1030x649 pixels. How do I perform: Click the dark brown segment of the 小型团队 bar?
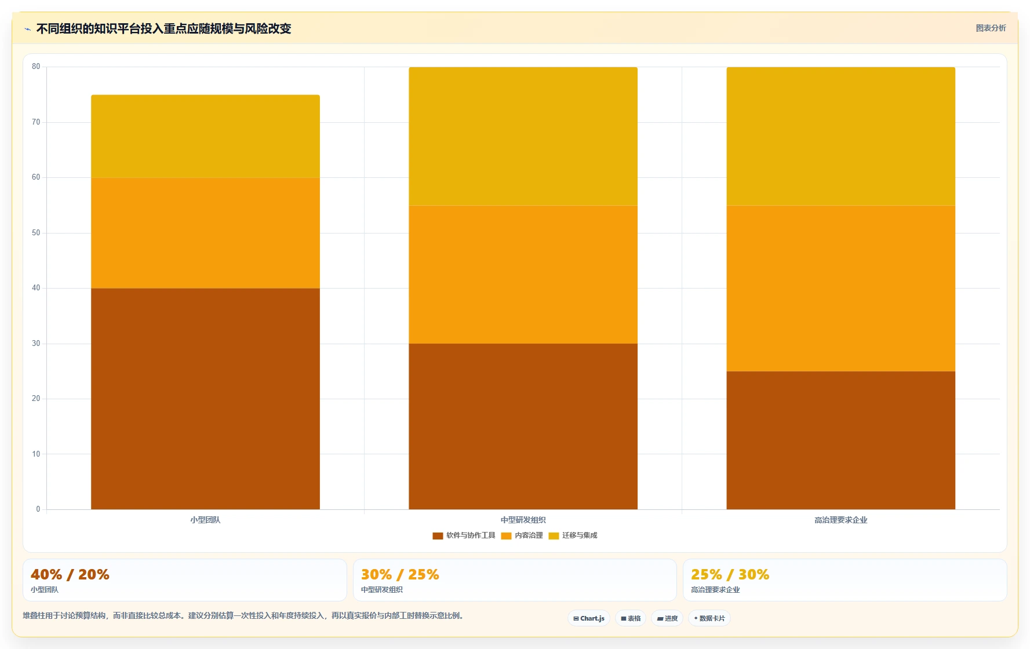(205, 399)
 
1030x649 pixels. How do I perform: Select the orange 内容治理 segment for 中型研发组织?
(523, 275)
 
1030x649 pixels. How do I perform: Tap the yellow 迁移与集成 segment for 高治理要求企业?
(840, 136)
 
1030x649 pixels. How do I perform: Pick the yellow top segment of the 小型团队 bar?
(205, 136)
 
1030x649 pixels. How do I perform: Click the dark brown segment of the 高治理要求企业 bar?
(840, 440)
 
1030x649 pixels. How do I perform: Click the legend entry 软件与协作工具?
(464, 535)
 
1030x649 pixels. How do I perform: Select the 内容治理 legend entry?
(522, 535)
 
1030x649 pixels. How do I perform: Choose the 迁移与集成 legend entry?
(573, 535)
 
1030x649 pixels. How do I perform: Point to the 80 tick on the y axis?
(36, 67)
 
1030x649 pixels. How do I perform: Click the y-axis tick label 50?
(36, 233)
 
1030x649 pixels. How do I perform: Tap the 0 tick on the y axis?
(38, 509)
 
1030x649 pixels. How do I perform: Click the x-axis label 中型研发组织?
(523, 520)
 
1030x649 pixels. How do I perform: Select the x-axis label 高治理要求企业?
(840, 520)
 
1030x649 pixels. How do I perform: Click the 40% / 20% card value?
(70, 574)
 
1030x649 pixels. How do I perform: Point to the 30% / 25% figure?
(400, 574)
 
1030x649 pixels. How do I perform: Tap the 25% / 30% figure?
(730, 574)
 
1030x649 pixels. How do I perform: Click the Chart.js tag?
(589, 618)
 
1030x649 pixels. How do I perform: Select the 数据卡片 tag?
(709, 618)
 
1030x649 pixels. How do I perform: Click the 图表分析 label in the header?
(991, 28)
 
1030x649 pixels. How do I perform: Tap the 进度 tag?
(667, 618)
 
